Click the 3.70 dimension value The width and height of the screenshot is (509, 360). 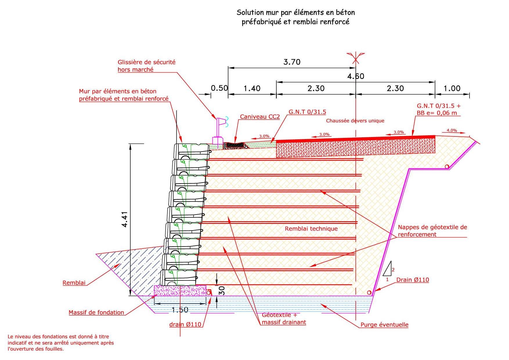(292, 62)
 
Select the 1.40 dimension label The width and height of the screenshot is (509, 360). (252, 88)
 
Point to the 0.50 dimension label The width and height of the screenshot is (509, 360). (219, 88)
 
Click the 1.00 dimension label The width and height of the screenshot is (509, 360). (452, 88)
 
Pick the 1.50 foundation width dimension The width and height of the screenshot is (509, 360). (180, 310)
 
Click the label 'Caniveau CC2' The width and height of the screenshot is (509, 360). (260, 117)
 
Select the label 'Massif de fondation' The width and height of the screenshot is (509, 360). (96, 312)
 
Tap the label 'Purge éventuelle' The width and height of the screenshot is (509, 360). (384, 325)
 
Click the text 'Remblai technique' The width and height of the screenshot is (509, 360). (311, 228)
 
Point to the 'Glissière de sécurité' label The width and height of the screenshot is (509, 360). (147, 62)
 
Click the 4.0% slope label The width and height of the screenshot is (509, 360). (452, 130)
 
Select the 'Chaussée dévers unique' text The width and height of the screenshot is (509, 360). (355, 120)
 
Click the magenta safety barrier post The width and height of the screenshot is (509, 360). (217, 130)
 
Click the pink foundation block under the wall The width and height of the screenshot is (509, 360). (180, 291)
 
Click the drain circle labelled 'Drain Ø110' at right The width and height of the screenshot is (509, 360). (369, 292)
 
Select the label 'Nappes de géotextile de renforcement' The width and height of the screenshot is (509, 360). (432, 231)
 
